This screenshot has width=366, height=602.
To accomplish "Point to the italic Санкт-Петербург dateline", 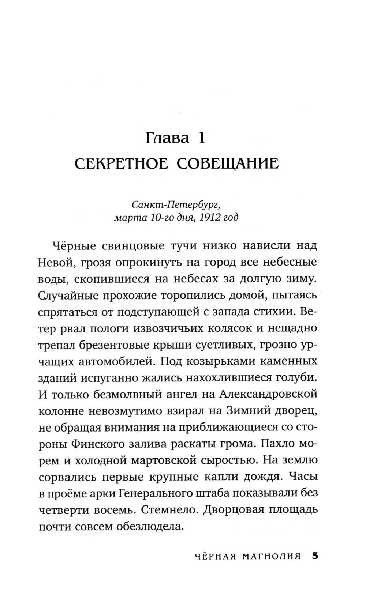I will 176,202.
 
